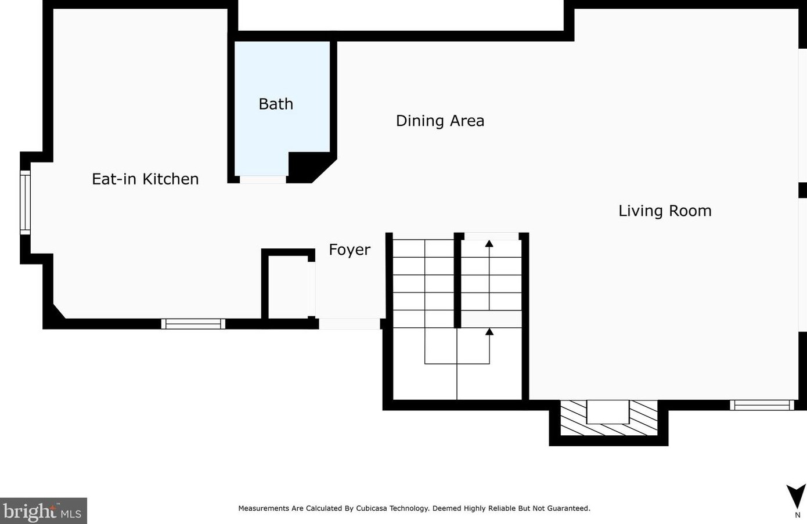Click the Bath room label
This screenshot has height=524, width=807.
(276, 104)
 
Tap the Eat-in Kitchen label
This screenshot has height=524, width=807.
(145, 179)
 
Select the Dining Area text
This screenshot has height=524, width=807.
(440, 121)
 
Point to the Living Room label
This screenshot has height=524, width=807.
(665, 211)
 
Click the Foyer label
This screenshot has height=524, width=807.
(350, 250)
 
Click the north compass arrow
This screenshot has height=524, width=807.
(795, 497)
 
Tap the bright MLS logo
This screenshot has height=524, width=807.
(43, 511)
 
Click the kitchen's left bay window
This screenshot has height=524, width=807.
(25, 203)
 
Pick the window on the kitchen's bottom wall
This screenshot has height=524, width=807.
(193, 324)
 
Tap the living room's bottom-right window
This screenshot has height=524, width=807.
(762, 405)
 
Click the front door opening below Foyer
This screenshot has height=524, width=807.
(350, 324)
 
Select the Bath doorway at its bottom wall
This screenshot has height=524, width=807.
(263, 179)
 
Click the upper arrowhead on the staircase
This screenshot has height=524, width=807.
(489, 244)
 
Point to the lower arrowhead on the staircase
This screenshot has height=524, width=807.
(489, 332)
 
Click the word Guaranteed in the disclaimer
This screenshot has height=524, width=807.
(569, 508)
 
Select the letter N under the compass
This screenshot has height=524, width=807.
(798, 515)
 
